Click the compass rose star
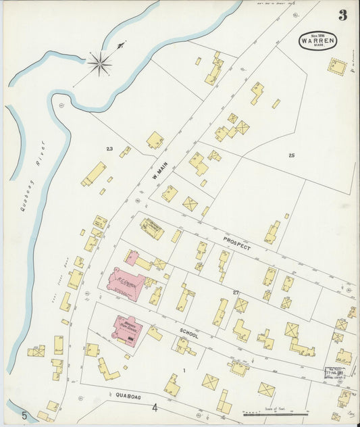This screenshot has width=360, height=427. (99, 64)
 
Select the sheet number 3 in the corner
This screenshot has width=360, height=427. (342, 16)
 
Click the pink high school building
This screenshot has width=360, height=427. (127, 330)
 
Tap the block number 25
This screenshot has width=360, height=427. (291, 156)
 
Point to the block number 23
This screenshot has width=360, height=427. (109, 149)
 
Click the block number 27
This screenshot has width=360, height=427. (236, 293)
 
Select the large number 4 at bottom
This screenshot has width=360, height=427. (155, 407)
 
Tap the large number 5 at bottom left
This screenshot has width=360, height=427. (24, 415)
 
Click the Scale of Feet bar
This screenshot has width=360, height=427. (274, 412)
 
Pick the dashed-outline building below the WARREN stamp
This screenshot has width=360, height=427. (336, 66)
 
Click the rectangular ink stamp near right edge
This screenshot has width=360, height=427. (334, 373)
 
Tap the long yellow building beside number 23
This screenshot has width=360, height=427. (93, 174)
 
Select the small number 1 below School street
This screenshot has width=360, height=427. (183, 371)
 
